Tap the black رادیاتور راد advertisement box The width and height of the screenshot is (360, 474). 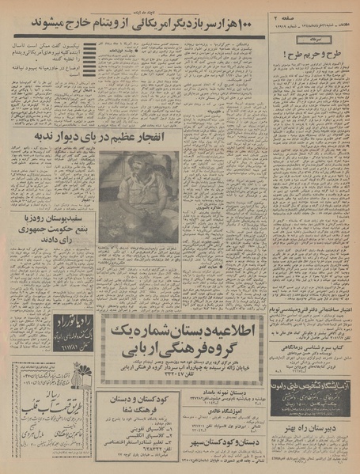click(x=74, y=322)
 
